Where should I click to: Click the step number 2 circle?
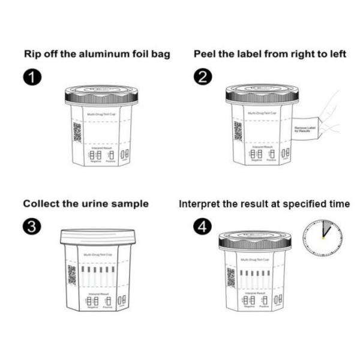[x=202, y=78]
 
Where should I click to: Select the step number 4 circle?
[x=202, y=226]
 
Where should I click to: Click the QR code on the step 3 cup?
[x=73, y=274]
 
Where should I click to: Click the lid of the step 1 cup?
[x=102, y=95]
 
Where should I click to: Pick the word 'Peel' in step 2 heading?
[x=205, y=54]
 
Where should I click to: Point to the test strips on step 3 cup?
[x=97, y=277]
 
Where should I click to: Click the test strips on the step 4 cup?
[x=254, y=277]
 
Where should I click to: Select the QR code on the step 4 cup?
[x=231, y=276]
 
